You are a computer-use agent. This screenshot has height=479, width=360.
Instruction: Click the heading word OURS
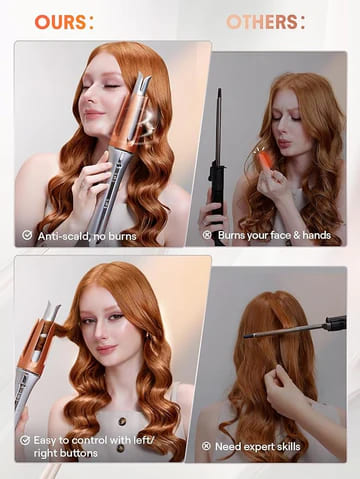point(59,21)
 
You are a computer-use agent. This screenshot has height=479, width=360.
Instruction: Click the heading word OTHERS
point(262,21)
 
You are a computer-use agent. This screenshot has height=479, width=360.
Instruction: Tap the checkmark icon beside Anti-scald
point(26,235)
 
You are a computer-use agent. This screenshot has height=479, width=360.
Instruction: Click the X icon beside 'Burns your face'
point(207,235)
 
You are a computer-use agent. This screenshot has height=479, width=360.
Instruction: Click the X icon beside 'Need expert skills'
point(207,446)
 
